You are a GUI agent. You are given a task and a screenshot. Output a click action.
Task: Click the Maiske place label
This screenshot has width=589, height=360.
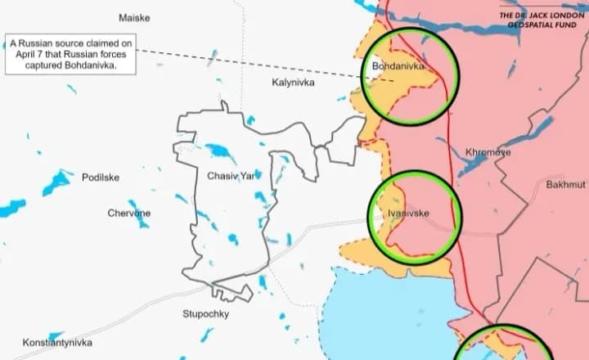(x=134, y=18)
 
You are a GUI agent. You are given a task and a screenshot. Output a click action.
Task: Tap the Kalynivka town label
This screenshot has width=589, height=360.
(x=293, y=83)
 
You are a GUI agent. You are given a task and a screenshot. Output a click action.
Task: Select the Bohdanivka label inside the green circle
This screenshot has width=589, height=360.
(x=398, y=65)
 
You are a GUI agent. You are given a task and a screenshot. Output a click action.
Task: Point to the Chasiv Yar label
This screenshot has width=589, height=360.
(x=231, y=176)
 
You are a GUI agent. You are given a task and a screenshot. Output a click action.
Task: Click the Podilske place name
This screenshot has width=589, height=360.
(x=101, y=178)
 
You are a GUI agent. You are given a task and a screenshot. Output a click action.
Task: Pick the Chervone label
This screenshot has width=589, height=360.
(x=129, y=214)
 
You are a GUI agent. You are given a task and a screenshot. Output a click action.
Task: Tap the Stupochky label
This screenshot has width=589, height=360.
(x=206, y=314)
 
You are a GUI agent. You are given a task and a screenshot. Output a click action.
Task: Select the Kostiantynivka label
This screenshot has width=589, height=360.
(x=57, y=343)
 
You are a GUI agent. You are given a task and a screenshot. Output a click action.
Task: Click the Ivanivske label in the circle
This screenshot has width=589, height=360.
(x=408, y=214)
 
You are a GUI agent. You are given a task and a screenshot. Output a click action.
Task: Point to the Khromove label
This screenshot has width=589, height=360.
(x=488, y=152)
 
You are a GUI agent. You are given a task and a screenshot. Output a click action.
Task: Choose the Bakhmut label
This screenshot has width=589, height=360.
(x=566, y=185)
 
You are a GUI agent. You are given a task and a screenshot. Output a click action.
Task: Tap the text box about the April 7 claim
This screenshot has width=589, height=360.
(x=71, y=55)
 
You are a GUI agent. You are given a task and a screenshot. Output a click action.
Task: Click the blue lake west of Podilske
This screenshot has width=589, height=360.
(x=57, y=182)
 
